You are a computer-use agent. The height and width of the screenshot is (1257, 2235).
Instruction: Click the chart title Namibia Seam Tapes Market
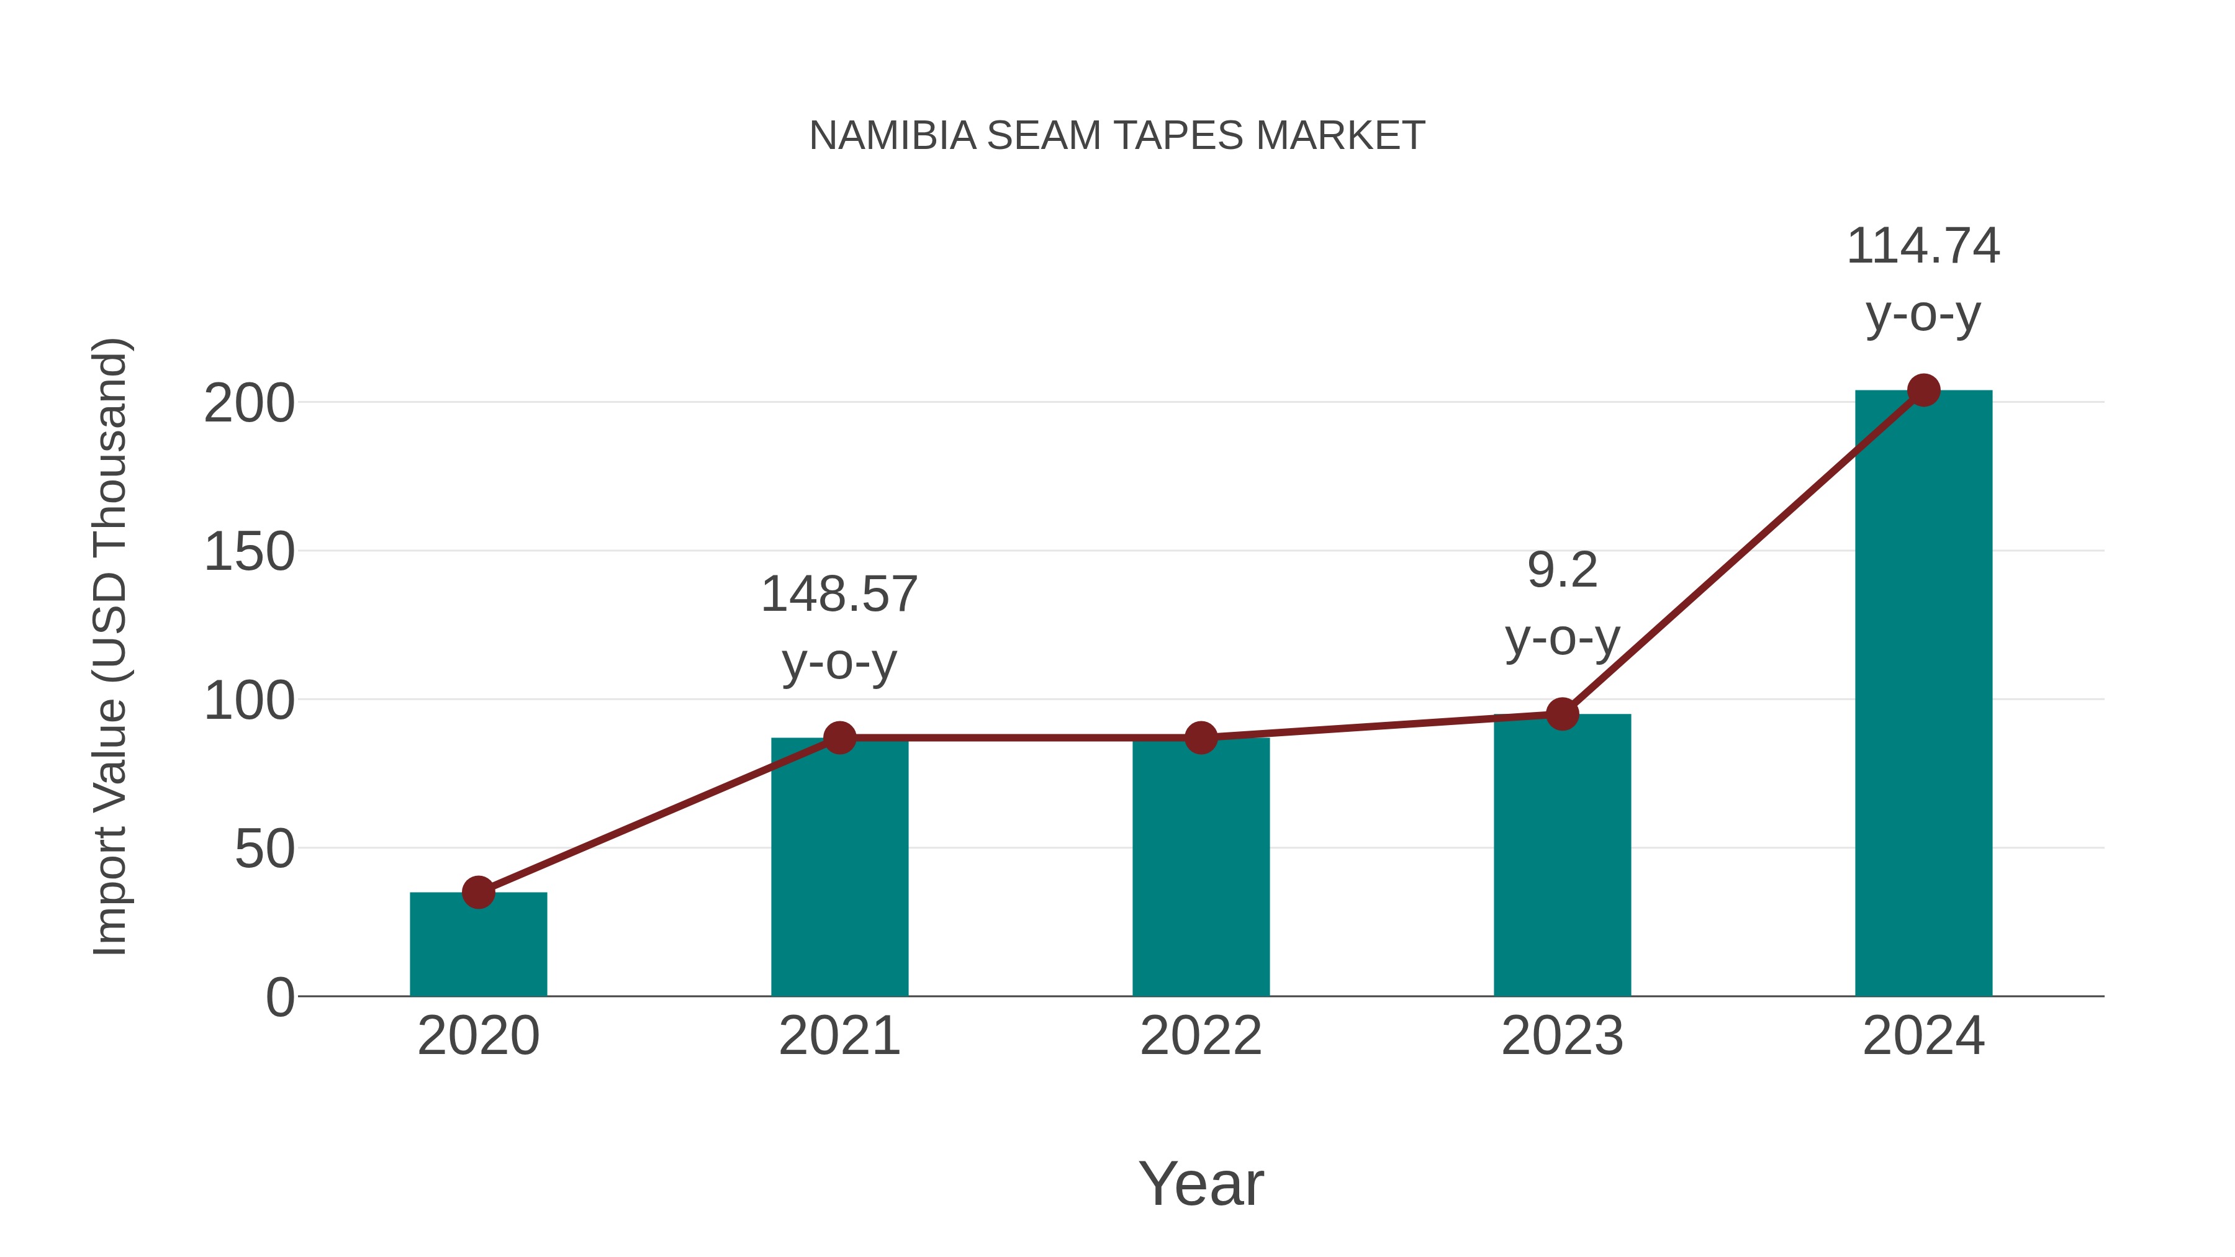coord(1117,136)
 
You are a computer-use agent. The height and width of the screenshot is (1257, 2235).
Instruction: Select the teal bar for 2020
coord(478,950)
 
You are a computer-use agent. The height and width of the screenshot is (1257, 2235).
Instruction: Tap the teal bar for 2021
coord(839,868)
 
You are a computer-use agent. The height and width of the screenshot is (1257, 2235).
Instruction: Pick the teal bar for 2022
coord(1201,868)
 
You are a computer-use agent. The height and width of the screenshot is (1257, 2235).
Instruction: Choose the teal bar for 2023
coord(1562,859)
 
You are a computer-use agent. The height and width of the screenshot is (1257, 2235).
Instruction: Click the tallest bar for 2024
coord(1923,694)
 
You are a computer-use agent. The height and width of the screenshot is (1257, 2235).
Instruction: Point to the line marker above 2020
coord(478,892)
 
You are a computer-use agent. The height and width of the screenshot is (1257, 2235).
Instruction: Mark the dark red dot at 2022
coord(1201,737)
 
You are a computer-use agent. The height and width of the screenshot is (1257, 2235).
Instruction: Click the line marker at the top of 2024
coord(1923,390)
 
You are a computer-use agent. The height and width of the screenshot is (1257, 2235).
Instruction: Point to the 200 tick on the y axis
coord(249,404)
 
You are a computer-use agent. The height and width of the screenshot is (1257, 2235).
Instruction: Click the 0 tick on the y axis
coord(280,998)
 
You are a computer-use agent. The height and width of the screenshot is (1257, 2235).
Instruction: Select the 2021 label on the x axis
coord(839,1036)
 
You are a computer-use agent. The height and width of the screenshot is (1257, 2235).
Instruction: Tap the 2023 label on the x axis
coord(1562,1036)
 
